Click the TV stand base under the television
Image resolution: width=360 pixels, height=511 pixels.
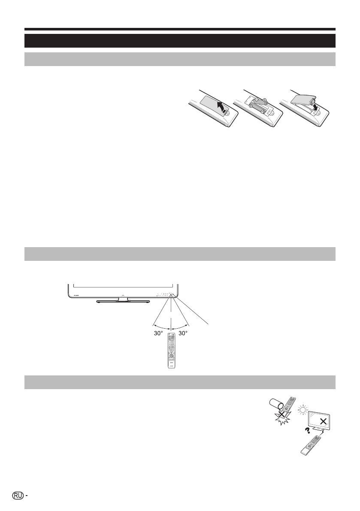(x=122, y=301)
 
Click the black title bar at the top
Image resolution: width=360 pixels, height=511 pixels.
(x=180, y=40)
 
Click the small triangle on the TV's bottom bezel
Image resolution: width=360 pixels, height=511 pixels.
(x=122, y=295)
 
